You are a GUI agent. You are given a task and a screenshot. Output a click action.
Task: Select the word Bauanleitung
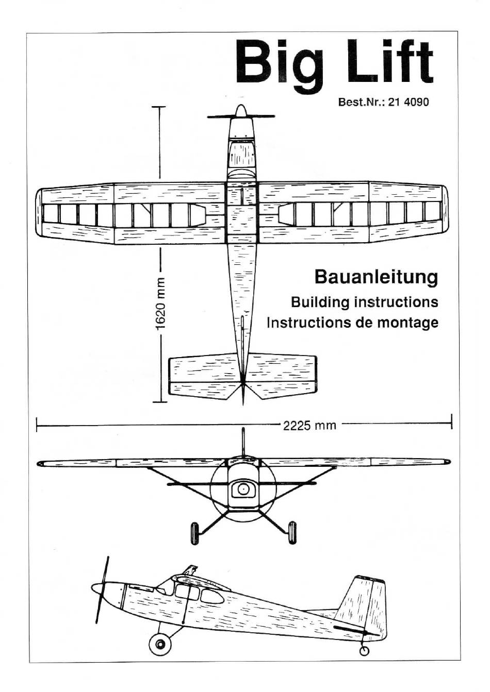click(x=376, y=277)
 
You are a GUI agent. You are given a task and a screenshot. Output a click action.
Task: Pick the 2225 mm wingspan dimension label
click(x=309, y=426)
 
